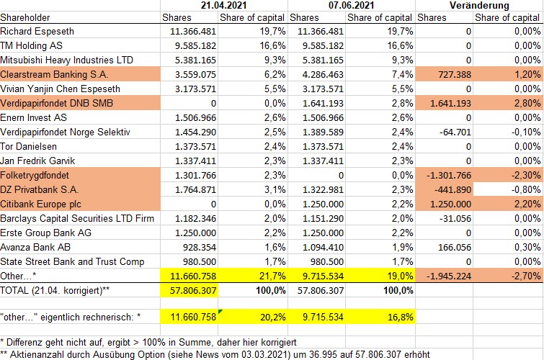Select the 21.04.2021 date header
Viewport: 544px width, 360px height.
[223, 6]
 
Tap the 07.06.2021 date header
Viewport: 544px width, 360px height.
[352, 6]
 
